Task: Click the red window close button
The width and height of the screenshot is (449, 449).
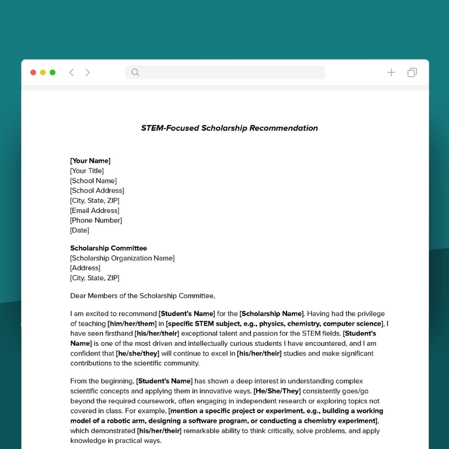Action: (x=33, y=72)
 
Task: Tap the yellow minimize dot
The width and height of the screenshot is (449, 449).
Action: (x=43, y=72)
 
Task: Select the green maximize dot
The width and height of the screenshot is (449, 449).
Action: (x=52, y=72)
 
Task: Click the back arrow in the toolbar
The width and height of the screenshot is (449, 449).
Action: (x=72, y=72)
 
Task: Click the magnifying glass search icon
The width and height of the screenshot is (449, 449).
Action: (x=135, y=72)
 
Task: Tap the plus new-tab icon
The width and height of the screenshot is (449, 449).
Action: (x=391, y=72)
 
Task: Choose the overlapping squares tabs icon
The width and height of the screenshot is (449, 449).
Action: (x=412, y=72)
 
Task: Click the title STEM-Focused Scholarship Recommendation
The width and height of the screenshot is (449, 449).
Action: (x=229, y=128)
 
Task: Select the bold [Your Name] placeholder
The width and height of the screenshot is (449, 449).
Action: (x=90, y=161)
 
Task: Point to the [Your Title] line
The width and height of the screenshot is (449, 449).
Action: (x=87, y=171)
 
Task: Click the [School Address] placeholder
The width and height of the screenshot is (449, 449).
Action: (x=97, y=191)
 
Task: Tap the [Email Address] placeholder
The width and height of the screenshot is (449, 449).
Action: (x=95, y=211)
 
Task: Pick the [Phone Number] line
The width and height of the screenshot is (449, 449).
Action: (x=96, y=220)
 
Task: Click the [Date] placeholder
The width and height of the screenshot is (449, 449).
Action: (x=79, y=230)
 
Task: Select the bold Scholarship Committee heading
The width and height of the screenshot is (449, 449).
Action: (x=109, y=248)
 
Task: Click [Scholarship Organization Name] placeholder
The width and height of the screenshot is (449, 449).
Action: (x=122, y=258)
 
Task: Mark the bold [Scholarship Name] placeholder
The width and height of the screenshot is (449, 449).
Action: (x=272, y=314)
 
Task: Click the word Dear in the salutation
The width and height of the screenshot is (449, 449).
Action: (x=77, y=296)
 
